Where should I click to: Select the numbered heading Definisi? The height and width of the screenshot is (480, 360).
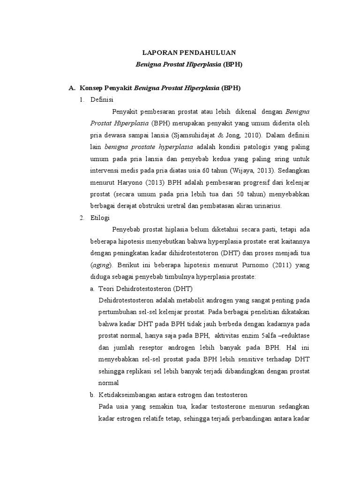[x=102, y=99]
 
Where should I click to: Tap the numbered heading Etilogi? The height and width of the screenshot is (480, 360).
[x=101, y=217]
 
